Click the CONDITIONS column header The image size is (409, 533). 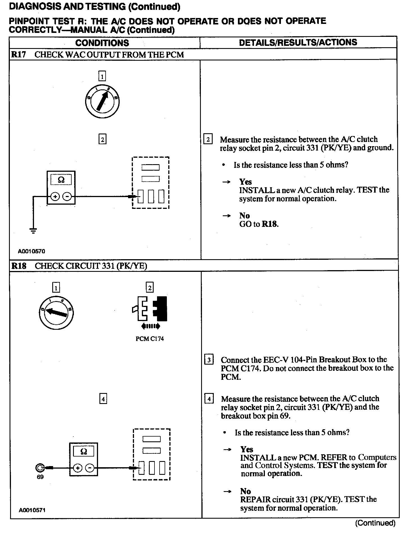click(102, 43)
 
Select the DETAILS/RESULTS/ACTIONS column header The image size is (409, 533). click(298, 42)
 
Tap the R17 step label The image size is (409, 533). click(19, 55)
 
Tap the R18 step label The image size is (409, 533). click(19, 266)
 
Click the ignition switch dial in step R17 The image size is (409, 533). click(103, 101)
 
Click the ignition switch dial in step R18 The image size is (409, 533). click(56, 312)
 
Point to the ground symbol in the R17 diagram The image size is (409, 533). click(33, 231)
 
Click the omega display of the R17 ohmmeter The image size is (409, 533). click(61, 180)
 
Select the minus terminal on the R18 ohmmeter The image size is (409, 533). click(90, 468)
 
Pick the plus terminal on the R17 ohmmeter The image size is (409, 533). click(55, 197)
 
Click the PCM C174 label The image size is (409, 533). click(150, 339)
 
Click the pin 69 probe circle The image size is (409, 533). click(40, 468)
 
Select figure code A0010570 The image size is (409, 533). click(31, 251)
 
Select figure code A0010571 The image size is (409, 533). click(32, 510)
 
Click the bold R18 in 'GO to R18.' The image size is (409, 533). click(270, 224)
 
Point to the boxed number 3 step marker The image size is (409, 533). click(209, 360)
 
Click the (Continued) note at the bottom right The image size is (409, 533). click(375, 523)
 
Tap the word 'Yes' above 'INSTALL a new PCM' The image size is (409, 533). click(247, 449)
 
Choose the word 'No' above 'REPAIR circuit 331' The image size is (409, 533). click(246, 491)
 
